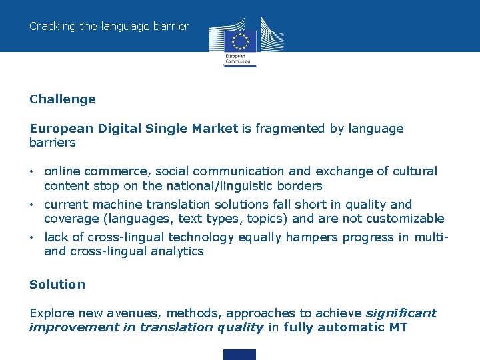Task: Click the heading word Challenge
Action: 63,99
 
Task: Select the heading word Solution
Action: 57,285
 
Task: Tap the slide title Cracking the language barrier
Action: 109,27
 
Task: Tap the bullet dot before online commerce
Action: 32,172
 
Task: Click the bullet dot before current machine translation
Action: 32,205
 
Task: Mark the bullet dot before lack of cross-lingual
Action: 32,237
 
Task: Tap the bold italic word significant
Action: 401,313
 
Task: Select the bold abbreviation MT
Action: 396,327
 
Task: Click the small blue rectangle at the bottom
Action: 239,355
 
